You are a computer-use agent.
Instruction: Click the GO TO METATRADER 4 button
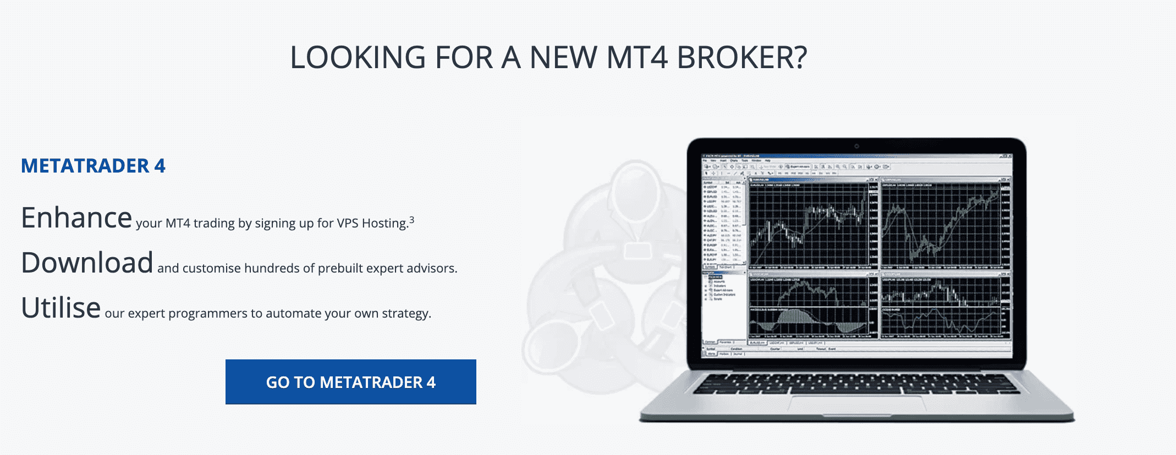[351, 382]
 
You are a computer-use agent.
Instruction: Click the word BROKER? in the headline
[741, 58]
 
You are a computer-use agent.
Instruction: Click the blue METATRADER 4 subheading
[93, 166]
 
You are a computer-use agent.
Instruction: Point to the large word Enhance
[76, 218]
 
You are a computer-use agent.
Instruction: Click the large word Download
[87, 263]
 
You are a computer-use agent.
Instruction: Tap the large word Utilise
[61, 308]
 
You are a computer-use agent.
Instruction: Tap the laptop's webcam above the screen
[856, 146]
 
